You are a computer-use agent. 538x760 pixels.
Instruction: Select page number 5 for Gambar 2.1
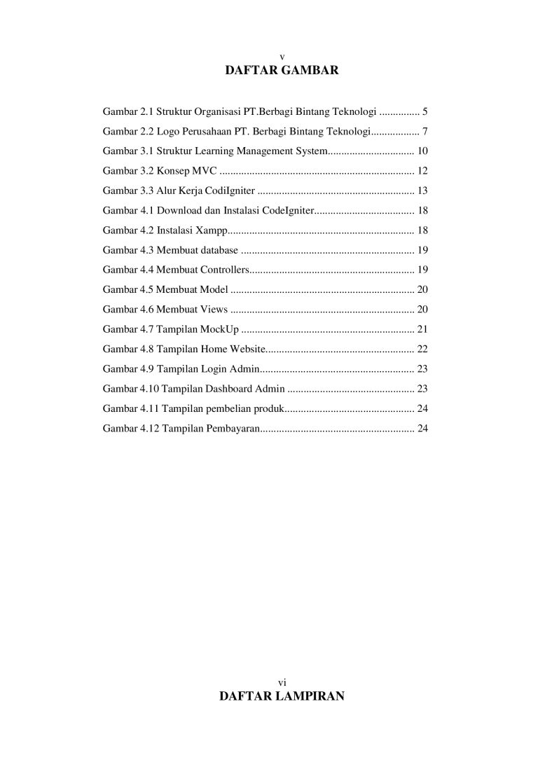425,111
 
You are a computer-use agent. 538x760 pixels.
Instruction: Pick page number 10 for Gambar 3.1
422,151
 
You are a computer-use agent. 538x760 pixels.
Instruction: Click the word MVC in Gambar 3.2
204,170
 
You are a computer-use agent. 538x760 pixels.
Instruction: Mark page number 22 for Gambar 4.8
422,348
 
